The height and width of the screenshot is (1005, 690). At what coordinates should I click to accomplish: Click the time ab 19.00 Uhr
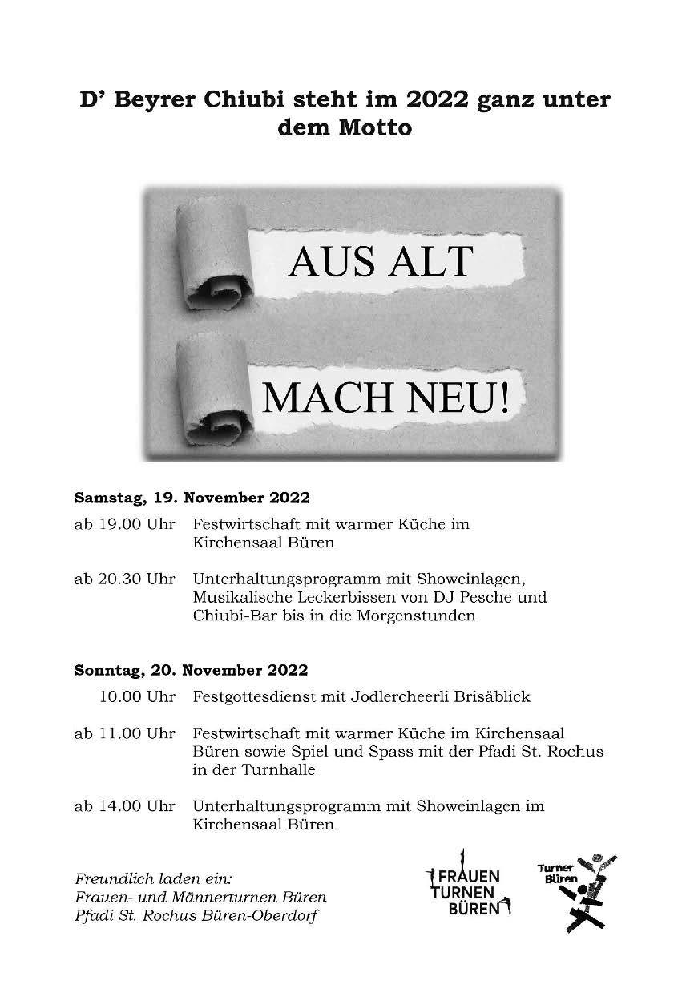pos(124,524)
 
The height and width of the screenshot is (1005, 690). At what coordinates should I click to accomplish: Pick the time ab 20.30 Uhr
pos(124,579)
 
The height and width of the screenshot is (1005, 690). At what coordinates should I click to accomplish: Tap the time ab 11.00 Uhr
pos(124,733)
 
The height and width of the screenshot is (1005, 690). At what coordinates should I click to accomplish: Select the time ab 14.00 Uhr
pos(124,806)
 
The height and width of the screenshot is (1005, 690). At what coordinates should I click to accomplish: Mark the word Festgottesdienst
pos(254,697)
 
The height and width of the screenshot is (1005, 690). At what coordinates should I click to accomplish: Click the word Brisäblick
pos(492,696)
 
